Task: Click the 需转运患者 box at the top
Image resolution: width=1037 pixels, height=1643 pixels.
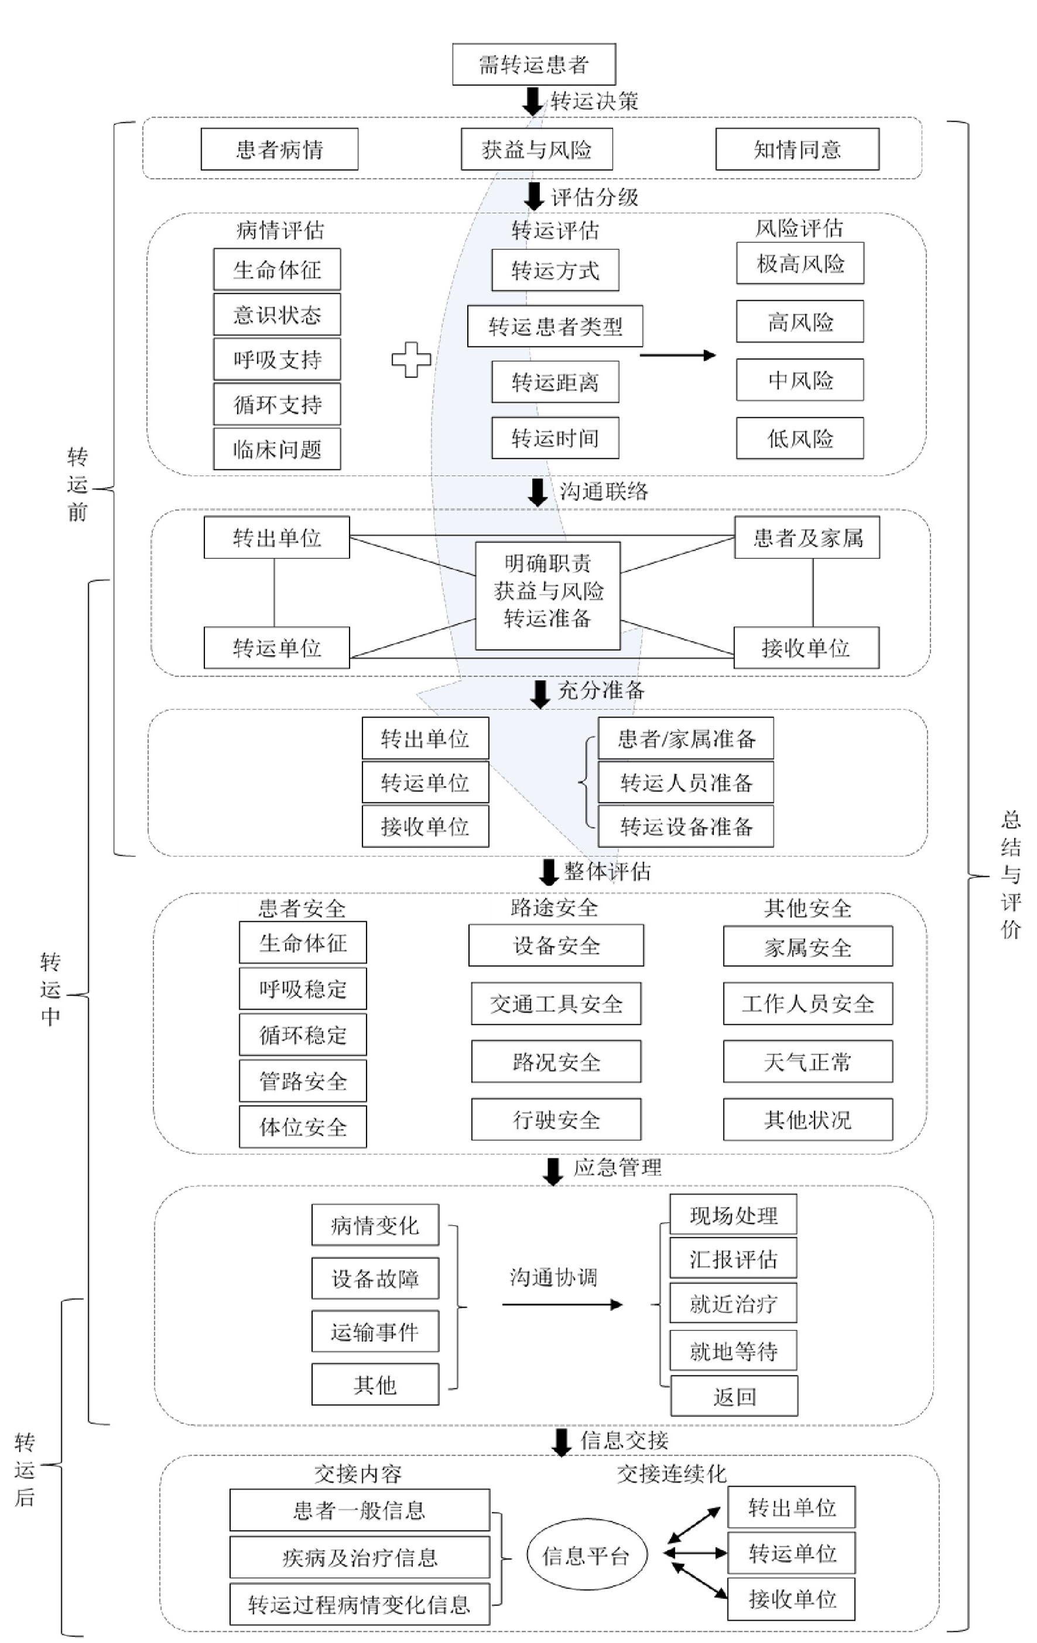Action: tap(534, 65)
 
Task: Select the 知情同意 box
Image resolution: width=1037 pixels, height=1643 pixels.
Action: tap(797, 149)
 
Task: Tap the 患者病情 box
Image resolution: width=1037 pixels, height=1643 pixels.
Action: tap(279, 149)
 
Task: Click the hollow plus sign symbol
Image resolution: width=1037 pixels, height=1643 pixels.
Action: tap(411, 359)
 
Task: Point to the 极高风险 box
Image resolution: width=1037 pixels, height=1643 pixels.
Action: tap(799, 263)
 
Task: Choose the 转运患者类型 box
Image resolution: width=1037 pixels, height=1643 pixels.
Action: tap(555, 326)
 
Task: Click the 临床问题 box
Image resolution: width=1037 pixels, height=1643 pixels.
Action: tap(276, 449)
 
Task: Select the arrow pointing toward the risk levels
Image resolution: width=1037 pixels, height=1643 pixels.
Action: tap(677, 355)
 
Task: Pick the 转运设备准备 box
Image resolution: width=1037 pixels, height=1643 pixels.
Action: tap(686, 826)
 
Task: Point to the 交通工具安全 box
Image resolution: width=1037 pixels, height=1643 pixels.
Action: tap(556, 1004)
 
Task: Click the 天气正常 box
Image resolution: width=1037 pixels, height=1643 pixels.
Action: tap(807, 1062)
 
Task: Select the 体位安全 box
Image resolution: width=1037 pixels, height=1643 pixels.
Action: tap(302, 1127)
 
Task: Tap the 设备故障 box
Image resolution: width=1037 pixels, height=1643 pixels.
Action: tap(375, 1278)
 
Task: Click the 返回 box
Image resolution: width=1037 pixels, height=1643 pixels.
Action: tap(734, 1397)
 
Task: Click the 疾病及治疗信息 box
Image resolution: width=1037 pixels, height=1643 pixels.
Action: tap(359, 1557)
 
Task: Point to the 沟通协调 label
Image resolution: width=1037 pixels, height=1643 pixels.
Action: tap(553, 1277)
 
